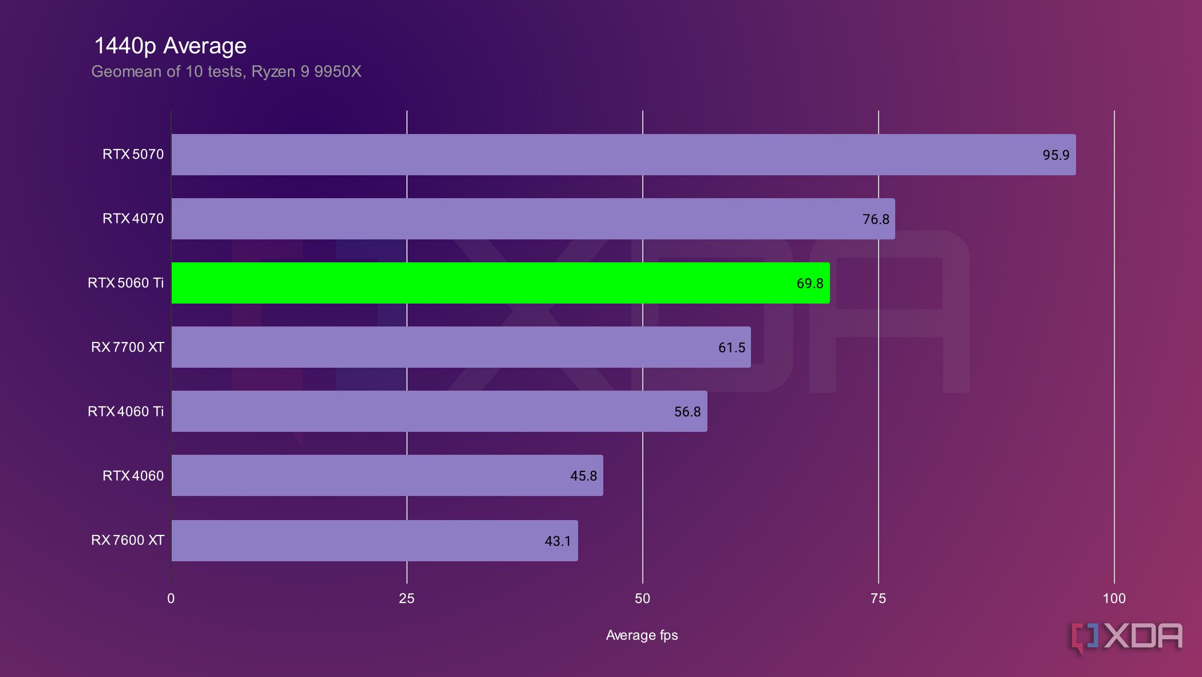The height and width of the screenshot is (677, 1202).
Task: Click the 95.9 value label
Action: tap(1055, 155)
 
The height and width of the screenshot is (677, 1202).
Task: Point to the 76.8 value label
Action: tap(876, 219)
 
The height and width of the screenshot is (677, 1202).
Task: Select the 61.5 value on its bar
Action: tap(732, 348)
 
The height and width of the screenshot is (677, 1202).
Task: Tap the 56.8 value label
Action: tap(687, 412)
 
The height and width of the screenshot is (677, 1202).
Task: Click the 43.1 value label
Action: tap(557, 541)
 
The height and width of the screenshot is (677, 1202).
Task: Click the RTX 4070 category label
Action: tap(133, 218)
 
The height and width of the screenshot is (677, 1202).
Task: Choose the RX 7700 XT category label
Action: tap(127, 347)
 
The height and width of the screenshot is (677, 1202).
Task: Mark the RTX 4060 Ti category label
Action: tap(125, 411)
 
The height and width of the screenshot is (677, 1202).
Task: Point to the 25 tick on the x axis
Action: tap(406, 599)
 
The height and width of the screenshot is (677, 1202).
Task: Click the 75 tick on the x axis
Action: tap(878, 599)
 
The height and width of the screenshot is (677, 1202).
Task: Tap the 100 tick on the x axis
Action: tap(1114, 599)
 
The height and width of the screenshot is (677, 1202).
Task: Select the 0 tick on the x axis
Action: tap(171, 599)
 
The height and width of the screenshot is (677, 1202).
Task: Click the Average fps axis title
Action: tap(642, 635)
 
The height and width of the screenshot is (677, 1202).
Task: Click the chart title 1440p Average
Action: tap(170, 46)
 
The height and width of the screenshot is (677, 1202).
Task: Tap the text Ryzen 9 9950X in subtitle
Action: tap(306, 72)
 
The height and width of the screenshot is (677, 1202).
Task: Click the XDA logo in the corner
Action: tap(1126, 637)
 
